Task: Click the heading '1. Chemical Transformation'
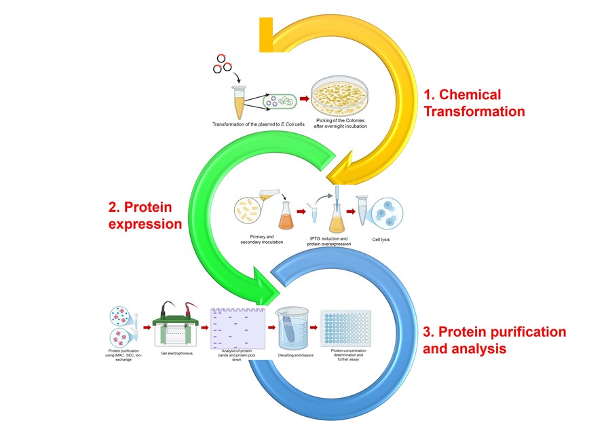[474, 103]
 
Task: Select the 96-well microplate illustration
[346, 330]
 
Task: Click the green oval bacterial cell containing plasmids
[280, 101]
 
